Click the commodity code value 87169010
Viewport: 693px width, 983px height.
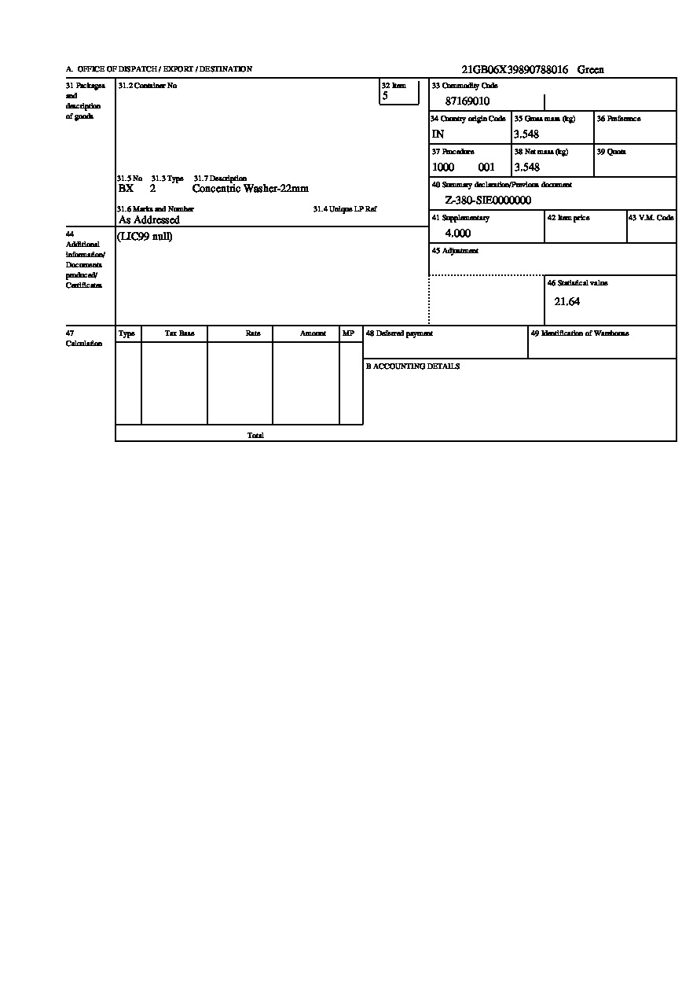[467, 101]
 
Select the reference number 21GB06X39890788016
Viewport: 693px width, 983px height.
[515, 70]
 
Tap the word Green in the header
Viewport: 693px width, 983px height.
[591, 70]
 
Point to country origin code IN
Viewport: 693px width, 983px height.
[438, 134]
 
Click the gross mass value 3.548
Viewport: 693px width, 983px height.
[526, 134]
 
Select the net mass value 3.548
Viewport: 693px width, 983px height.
[526, 168]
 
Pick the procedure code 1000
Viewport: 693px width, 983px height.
[443, 168]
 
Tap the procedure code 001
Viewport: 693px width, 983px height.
[486, 168]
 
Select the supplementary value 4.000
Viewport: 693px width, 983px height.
[458, 234]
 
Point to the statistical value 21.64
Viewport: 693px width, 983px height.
[567, 302]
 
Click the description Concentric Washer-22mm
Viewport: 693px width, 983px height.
[251, 189]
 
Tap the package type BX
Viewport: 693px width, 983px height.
[126, 189]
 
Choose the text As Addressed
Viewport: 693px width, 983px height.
[149, 220]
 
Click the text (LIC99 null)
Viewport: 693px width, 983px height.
[145, 237]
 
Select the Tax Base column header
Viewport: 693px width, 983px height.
[179, 333]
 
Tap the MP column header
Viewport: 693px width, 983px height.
[348, 333]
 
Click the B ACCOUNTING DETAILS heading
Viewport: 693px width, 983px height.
[412, 366]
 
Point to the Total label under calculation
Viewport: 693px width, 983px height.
[255, 435]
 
